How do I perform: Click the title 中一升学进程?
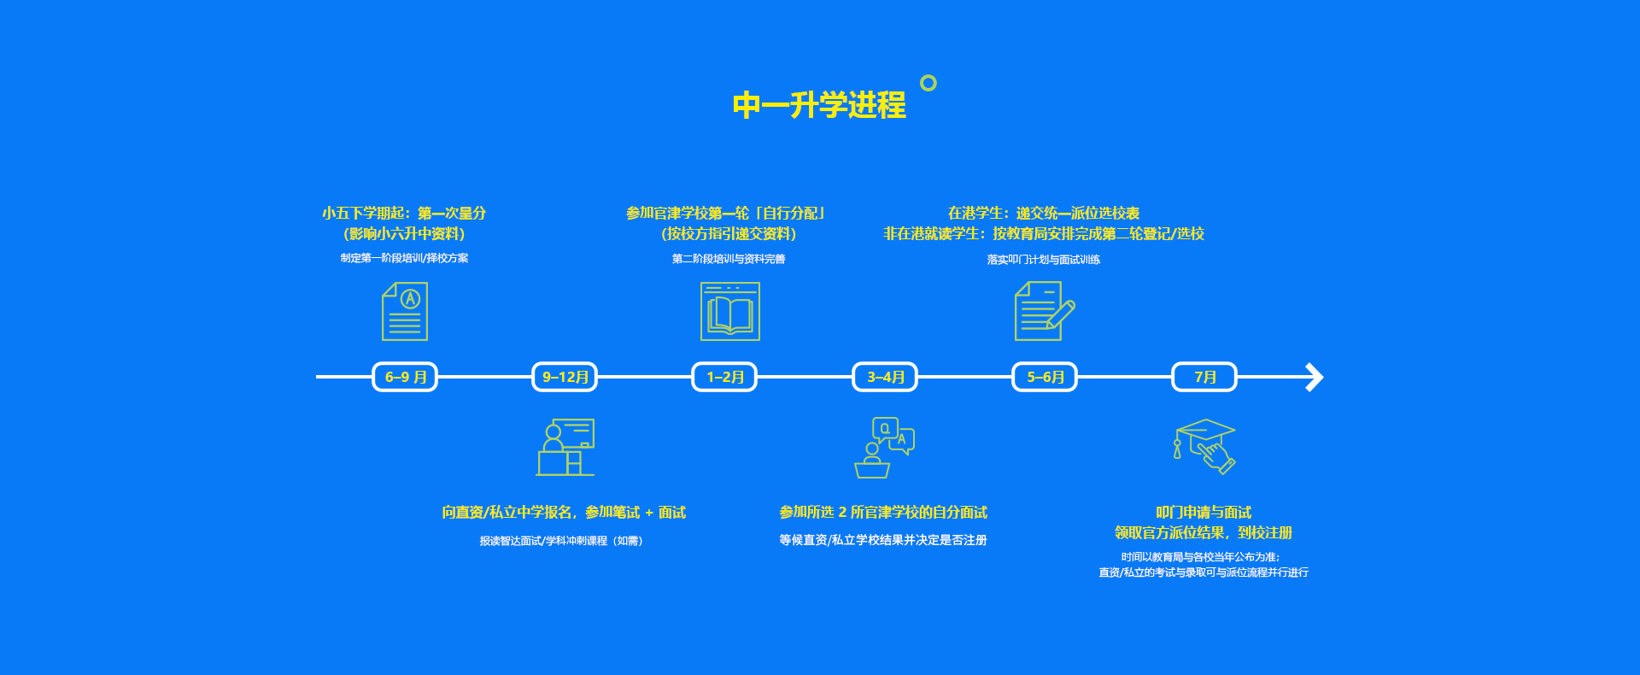point(819,105)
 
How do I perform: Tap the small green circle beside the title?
point(928,83)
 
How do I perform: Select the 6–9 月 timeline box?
point(405,377)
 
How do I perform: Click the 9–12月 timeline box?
point(565,377)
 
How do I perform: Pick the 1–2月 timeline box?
point(724,377)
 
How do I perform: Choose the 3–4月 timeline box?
point(885,377)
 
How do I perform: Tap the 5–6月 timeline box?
point(1045,377)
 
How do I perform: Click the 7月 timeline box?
point(1204,377)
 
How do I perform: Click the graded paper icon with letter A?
point(405,311)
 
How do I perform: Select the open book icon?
point(730,312)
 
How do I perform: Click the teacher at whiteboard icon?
point(565,447)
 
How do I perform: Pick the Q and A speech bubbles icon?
point(885,447)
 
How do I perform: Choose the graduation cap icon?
point(1204,445)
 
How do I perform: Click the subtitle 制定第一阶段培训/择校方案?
point(404,258)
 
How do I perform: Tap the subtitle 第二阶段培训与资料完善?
point(729,259)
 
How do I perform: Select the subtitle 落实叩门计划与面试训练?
point(1044,260)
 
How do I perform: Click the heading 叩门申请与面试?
point(1204,513)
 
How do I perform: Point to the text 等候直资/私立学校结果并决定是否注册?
point(883,540)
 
